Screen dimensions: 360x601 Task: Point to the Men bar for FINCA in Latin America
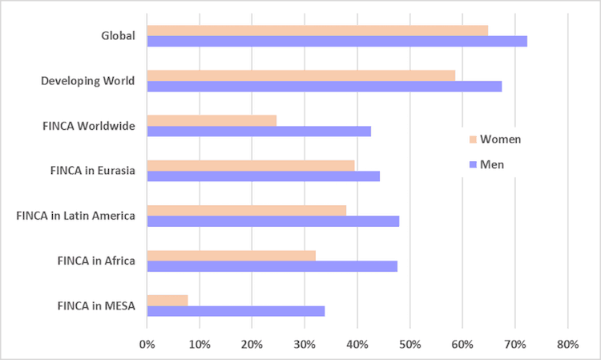coord(272,221)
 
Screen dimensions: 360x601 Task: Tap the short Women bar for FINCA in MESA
coord(167,300)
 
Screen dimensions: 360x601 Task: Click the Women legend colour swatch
coord(473,140)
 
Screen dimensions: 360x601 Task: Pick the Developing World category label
coord(89,81)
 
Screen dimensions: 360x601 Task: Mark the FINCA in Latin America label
coord(75,216)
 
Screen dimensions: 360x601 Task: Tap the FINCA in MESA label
coord(97,305)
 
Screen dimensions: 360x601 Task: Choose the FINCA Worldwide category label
coord(89,126)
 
